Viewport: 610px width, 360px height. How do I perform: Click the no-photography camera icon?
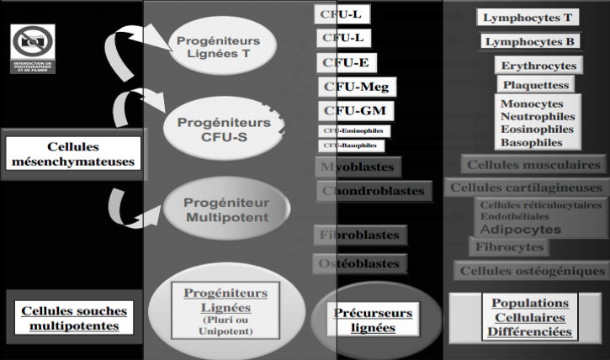[33, 42]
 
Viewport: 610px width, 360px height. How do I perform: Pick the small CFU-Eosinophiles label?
[355, 130]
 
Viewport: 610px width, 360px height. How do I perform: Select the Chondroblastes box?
[373, 191]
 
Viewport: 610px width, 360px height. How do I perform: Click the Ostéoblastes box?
[359, 263]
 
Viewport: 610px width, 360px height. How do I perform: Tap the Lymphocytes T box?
[528, 17]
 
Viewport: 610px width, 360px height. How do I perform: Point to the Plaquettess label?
[536, 85]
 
